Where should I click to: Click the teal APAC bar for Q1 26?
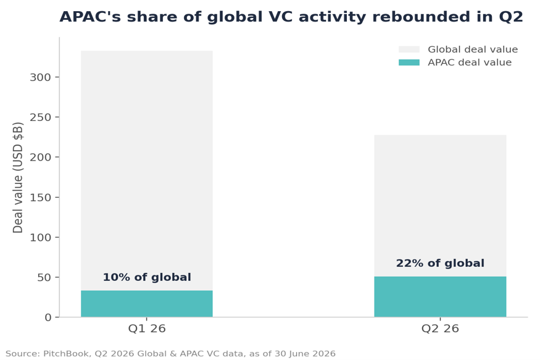pos(147,304)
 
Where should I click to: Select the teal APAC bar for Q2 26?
pos(440,296)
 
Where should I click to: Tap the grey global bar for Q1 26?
pos(147,170)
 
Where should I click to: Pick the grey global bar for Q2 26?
pos(440,206)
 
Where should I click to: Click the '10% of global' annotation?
pos(147,277)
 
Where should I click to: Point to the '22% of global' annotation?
pos(440,263)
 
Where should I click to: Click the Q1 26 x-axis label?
pos(147,329)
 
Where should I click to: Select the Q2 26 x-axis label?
pos(440,329)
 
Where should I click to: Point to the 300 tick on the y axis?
pos(40,77)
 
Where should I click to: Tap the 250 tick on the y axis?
pos(40,117)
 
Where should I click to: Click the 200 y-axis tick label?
pos(40,157)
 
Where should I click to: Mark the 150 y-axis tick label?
pos(40,198)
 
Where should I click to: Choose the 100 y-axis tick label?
pos(40,237)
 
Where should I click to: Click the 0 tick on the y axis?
pos(48,317)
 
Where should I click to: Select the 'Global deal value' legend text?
pos(473,49)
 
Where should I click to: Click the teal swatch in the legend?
pos(409,62)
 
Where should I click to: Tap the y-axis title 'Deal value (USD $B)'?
pos(17,177)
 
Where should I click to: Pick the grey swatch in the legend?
pos(409,49)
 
